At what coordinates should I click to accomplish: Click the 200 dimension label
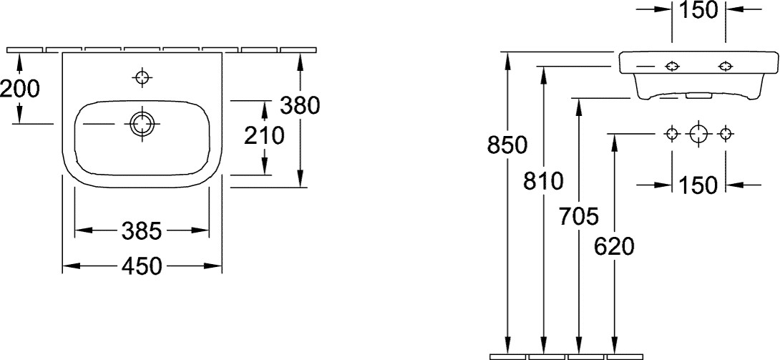20,89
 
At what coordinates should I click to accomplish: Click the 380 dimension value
299,105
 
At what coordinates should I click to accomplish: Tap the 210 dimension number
263,136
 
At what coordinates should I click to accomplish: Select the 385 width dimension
142,230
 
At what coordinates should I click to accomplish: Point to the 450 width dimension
142,266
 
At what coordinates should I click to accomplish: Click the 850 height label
507,145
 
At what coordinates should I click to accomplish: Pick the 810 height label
543,182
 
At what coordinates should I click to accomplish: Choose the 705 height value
578,217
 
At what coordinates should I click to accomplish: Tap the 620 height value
615,247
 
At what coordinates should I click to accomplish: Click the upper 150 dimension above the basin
698,11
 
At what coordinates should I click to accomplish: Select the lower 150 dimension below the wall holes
698,185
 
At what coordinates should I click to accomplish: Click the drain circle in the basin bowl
142,124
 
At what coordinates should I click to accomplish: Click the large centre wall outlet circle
699,133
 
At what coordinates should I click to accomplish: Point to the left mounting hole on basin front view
672,66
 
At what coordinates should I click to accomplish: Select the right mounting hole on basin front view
726,66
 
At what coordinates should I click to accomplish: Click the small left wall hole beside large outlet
672,133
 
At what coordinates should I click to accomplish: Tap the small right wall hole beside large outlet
726,133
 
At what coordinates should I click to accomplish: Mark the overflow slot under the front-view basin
698,95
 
